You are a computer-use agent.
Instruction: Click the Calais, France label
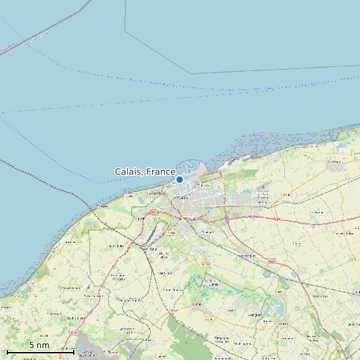click(145, 171)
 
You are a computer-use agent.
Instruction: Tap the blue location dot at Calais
click(179, 179)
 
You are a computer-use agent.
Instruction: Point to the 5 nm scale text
click(39, 345)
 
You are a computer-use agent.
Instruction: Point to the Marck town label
click(262, 197)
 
